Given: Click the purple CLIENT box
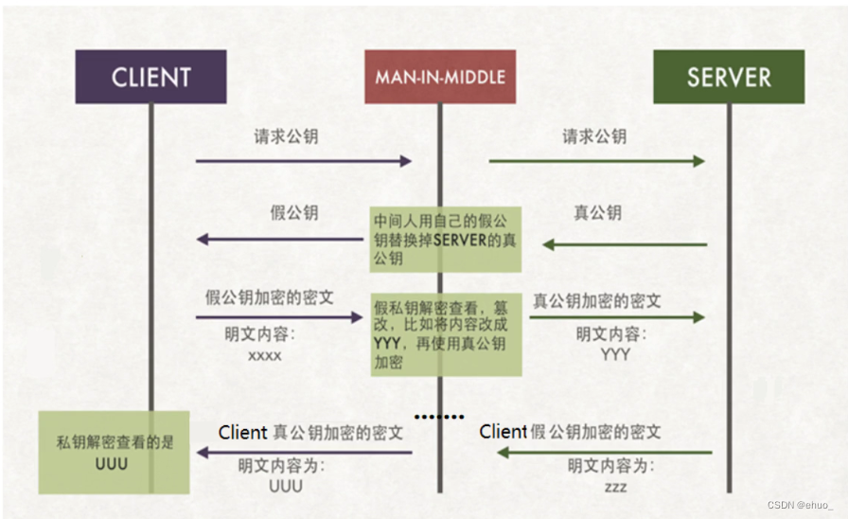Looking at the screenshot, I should click(x=151, y=77).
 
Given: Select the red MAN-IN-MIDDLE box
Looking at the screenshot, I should click(x=440, y=77).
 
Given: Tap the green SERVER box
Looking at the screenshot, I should click(x=728, y=77).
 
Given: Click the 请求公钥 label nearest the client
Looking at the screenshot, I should click(x=286, y=136).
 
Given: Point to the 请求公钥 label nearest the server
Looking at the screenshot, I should click(x=594, y=136).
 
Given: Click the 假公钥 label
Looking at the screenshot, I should click(x=294, y=212).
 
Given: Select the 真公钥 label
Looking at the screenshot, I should click(x=598, y=212).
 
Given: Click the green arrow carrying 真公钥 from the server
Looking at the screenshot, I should click(x=625, y=244).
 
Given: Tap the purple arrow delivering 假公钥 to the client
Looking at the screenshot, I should click(x=283, y=240).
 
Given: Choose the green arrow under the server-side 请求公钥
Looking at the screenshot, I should click(x=596, y=161).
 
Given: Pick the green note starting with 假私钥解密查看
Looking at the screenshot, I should click(x=445, y=332).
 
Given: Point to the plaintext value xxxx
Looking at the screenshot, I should click(x=266, y=356).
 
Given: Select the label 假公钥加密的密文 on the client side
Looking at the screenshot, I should click(x=270, y=297).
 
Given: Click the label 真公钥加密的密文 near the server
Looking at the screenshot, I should click(x=597, y=301).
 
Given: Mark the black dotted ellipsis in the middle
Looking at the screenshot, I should click(x=441, y=416).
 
